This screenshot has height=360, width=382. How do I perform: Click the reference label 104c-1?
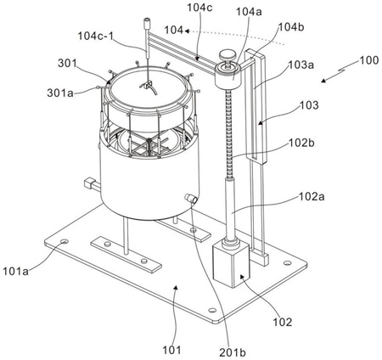(x=95, y=36)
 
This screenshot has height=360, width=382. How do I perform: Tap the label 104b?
(x=291, y=27)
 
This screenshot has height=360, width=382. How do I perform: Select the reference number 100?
(x=369, y=60)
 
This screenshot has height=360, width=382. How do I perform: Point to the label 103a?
(x=301, y=65)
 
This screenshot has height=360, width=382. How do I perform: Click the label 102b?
(x=301, y=143)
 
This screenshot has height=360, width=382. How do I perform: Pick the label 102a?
(x=312, y=196)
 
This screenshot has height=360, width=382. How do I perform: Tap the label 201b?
(x=233, y=352)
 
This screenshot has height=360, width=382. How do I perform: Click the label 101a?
(x=16, y=271)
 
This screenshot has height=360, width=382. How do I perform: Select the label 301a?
(x=59, y=93)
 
